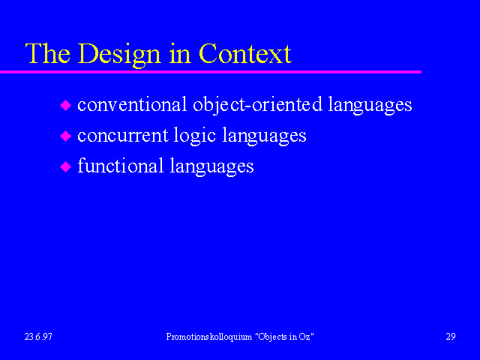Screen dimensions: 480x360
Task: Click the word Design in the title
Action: click(x=119, y=55)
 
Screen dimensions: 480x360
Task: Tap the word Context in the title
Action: click(x=245, y=53)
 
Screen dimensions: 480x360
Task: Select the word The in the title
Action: click(x=48, y=53)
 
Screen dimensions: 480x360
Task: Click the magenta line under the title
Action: click(x=211, y=72)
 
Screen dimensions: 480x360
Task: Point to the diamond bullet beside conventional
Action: click(x=65, y=105)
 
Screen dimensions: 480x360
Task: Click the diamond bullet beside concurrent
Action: click(x=65, y=136)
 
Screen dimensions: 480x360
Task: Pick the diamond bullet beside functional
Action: click(x=65, y=166)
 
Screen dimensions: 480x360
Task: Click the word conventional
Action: click(x=132, y=104)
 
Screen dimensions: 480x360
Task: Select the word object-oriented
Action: click(x=257, y=105)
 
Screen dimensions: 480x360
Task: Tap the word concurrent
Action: click(x=123, y=135)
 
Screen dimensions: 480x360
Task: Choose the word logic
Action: click(x=195, y=136)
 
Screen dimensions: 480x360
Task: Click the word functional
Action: click(x=120, y=165)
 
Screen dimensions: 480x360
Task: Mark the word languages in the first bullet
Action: click(x=370, y=105)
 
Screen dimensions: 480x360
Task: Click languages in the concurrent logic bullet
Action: click(x=264, y=136)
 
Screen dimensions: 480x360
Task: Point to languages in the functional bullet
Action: click(x=211, y=166)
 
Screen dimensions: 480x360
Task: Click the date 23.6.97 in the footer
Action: click(x=38, y=337)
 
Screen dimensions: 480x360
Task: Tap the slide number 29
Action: click(x=451, y=337)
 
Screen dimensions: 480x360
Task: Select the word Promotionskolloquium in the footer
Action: click(x=209, y=337)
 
